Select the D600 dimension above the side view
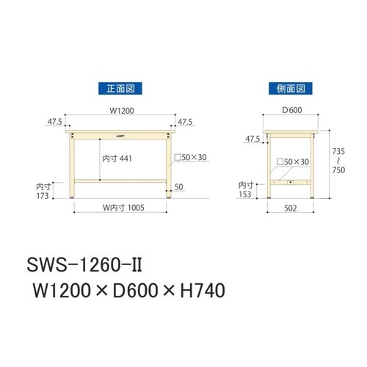pyautogui.click(x=292, y=112)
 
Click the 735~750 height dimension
pyautogui.click(x=338, y=160)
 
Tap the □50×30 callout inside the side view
pyautogui.click(x=292, y=161)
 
